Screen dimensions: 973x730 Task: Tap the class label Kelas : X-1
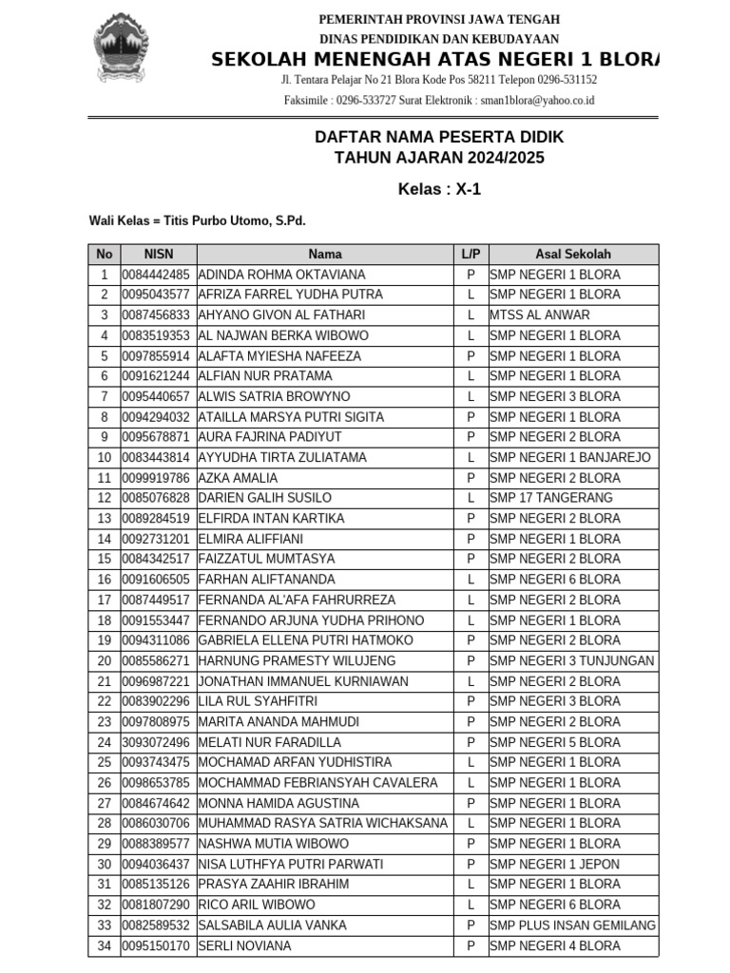click(439, 189)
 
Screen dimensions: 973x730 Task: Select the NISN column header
click(159, 254)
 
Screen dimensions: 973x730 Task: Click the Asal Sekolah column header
click(572, 254)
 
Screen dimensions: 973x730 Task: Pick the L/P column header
click(471, 254)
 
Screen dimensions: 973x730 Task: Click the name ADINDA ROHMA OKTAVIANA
click(281, 275)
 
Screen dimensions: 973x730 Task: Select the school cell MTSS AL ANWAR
click(540, 315)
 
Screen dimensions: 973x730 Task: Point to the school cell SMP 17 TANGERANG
click(551, 498)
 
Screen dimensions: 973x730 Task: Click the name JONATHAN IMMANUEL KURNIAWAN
click(303, 681)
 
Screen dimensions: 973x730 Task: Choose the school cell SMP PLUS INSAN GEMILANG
click(572, 925)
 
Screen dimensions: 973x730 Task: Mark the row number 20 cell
click(105, 660)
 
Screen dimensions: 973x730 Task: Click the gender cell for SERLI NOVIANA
click(471, 945)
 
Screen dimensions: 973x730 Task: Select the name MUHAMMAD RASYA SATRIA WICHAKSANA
click(322, 823)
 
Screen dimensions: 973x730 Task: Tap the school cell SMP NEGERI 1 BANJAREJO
click(570, 457)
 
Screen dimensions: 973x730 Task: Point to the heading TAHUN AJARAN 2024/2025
click(439, 158)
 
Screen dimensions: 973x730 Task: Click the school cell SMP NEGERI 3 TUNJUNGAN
click(572, 660)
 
